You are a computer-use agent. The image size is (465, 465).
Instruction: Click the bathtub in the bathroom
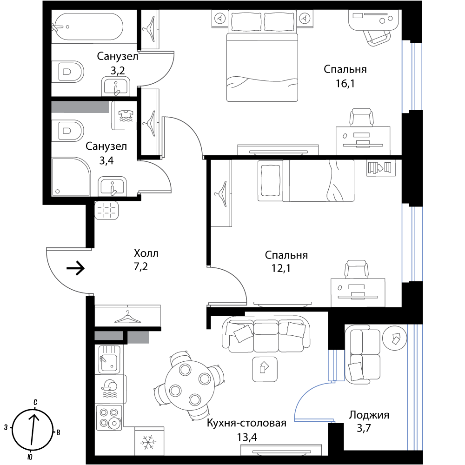click(88, 27)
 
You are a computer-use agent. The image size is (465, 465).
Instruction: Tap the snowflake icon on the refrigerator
click(149, 441)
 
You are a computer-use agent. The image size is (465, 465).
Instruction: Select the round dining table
click(189, 384)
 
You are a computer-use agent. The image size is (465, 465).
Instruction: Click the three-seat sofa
click(266, 333)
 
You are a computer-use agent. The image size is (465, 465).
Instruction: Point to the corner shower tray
click(70, 176)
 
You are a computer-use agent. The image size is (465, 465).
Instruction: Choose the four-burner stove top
click(109, 417)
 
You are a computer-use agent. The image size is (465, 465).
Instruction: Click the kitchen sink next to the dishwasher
click(110, 359)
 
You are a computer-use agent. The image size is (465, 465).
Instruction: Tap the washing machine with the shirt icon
click(124, 116)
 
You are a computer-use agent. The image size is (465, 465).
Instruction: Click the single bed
click(306, 180)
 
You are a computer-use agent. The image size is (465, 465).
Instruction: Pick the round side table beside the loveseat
click(394, 338)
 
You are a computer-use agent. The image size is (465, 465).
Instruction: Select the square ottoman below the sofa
click(265, 369)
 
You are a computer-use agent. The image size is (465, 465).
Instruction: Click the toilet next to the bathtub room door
click(68, 72)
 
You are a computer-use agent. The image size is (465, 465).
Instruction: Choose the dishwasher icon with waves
click(110, 389)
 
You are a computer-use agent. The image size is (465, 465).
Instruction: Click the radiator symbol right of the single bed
click(381, 168)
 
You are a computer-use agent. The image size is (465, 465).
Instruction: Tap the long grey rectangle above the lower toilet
click(80, 107)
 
